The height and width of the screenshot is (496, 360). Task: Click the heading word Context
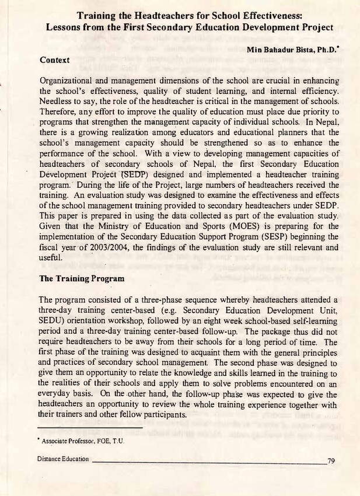[54, 60]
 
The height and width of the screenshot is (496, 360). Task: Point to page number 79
[331, 460]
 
